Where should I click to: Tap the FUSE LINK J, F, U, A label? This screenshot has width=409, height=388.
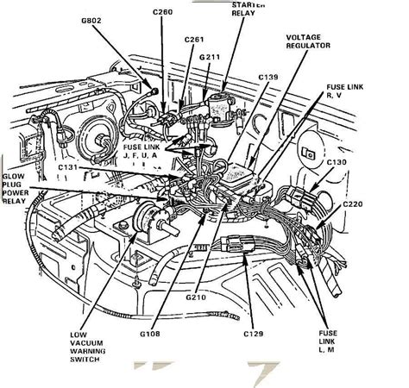tap(147, 148)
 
